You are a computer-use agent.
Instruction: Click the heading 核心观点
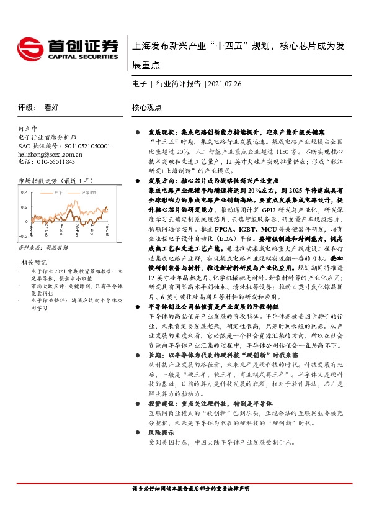click(x=147, y=107)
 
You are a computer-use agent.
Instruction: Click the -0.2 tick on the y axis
click(x=23, y=237)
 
